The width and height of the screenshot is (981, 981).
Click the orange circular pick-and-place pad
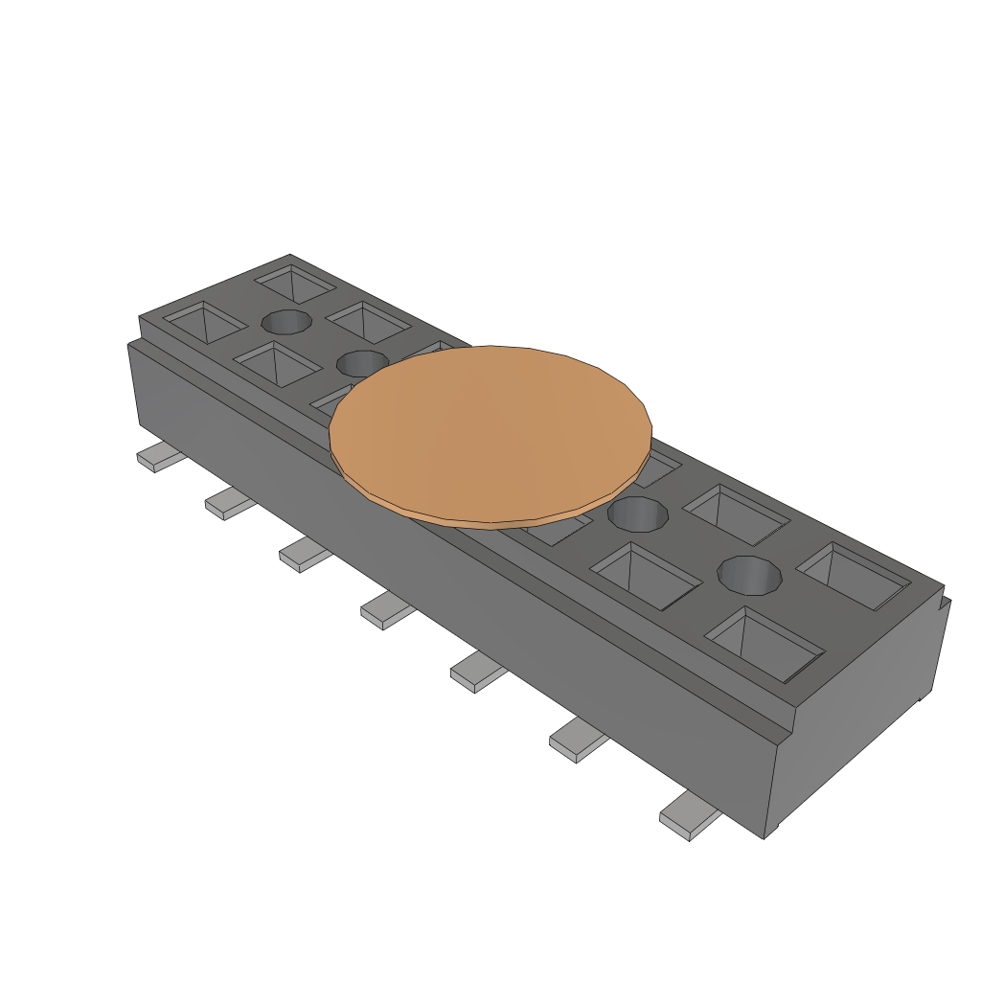(x=490, y=433)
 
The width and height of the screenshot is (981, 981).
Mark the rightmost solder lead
(x=688, y=817)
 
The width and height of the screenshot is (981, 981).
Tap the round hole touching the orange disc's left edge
(x=360, y=363)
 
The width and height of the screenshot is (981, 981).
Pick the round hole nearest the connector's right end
(x=750, y=576)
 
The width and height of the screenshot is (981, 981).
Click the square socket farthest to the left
(x=204, y=321)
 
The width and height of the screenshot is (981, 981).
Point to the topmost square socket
(x=295, y=283)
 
